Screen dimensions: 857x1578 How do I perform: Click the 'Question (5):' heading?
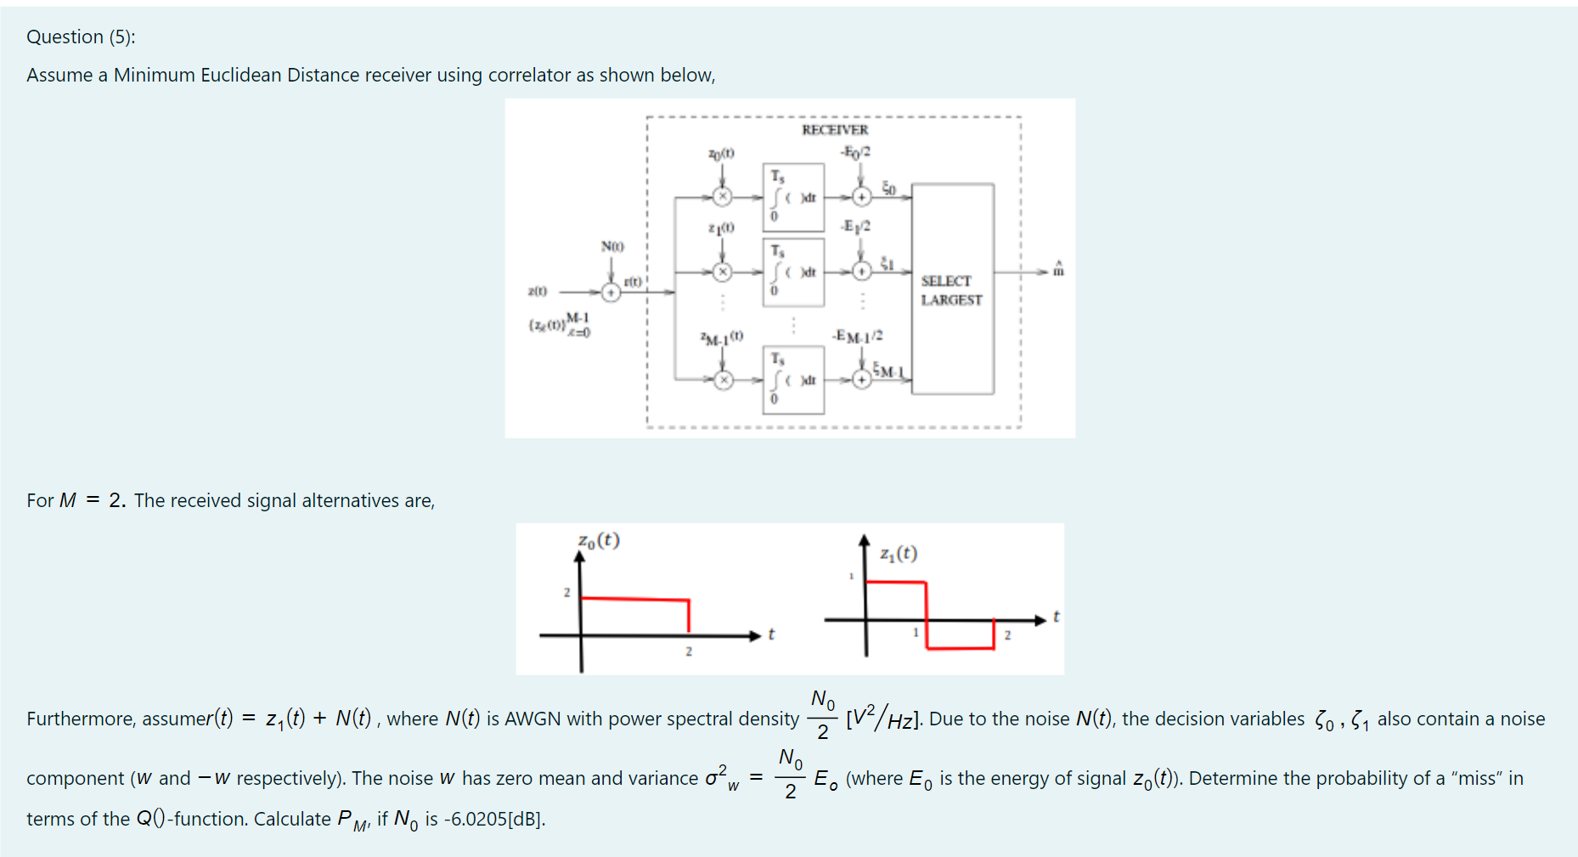pyautogui.click(x=81, y=37)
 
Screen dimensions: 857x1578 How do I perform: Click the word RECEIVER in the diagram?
pyautogui.click(x=835, y=130)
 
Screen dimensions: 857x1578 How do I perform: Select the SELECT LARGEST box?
pyautogui.click(x=952, y=290)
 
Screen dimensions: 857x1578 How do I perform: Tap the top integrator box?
pyautogui.click(x=793, y=197)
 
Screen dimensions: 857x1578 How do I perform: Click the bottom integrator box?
pyautogui.click(x=793, y=380)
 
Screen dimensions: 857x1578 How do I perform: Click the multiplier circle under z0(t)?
pyautogui.click(x=723, y=197)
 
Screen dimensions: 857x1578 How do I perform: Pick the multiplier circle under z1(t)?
pyautogui.click(x=723, y=272)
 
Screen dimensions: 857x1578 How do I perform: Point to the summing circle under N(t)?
pyautogui.click(x=611, y=292)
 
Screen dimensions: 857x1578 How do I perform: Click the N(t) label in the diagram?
pyautogui.click(x=612, y=246)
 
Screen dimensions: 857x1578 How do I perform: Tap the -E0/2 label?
pyautogui.click(x=855, y=152)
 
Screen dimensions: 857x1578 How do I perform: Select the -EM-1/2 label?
pyautogui.click(x=858, y=336)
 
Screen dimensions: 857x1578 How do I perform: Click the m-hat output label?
pyautogui.click(x=1058, y=270)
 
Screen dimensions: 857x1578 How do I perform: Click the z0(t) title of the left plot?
pyautogui.click(x=599, y=540)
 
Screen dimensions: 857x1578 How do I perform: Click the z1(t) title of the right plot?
pyautogui.click(x=899, y=554)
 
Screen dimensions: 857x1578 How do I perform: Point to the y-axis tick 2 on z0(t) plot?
pyautogui.click(x=566, y=592)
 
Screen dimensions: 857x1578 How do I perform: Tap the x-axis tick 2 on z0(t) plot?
pyautogui.click(x=689, y=651)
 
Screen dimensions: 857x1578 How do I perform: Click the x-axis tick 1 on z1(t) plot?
pyautogui.click(x=916, y=633)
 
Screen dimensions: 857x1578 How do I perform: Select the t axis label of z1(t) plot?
pyautogui.click(x=1056, y=617)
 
